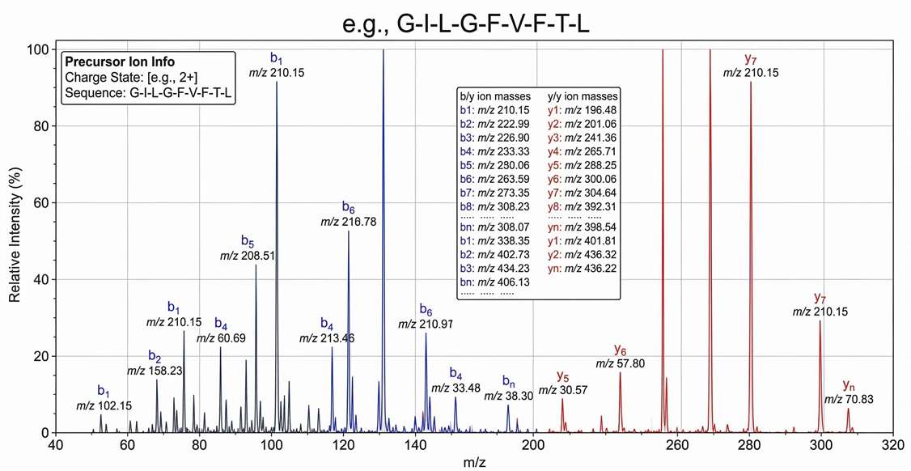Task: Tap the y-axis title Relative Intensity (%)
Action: pyautogui.click(x=15, y=241)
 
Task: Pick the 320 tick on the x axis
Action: pyautogui.click(x=893, y=444)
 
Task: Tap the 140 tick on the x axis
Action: pyautogui.click(x=414, y=444)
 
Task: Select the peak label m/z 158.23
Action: pyautogui.click(x=155, y=371)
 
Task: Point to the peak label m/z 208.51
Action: pyautogui.click(x=248, y=256)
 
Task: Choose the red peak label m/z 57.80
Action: pyautogui.click(x=621, y=364)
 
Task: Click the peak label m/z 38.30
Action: pyautogui.click(x=509, y=395)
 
